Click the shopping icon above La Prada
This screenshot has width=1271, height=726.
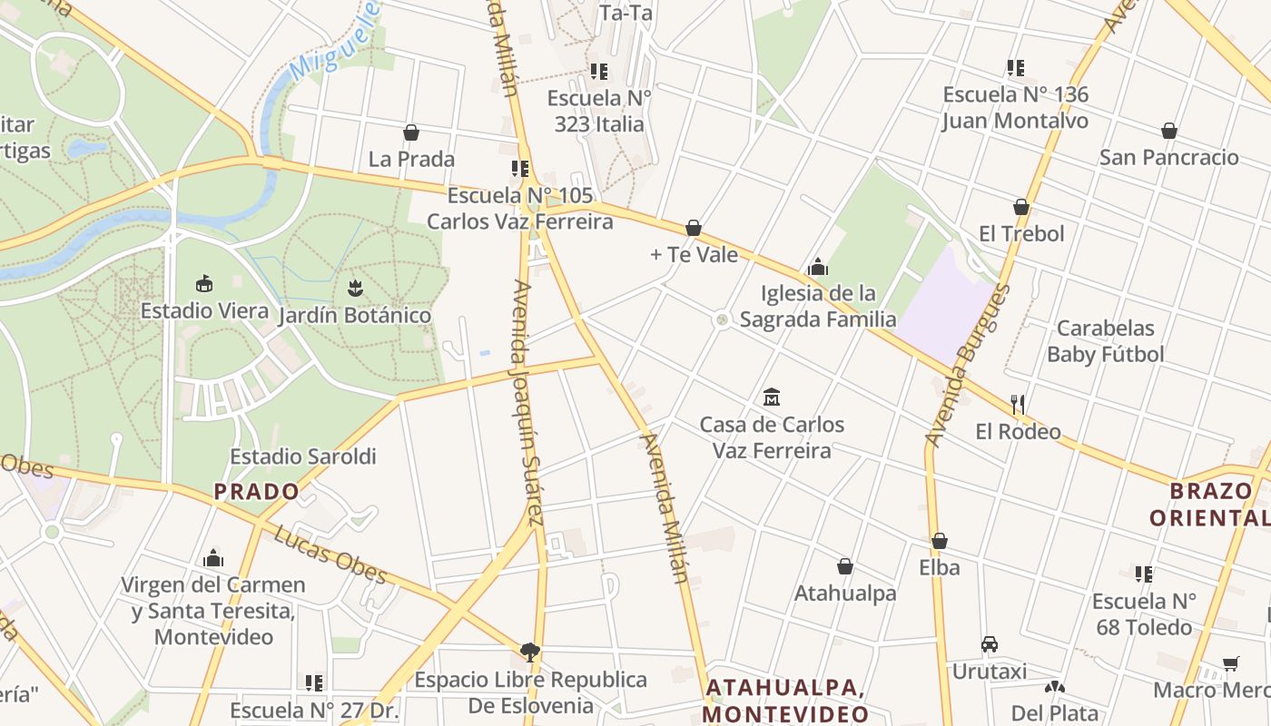click(411, 133)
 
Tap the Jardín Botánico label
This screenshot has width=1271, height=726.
click(354, 316)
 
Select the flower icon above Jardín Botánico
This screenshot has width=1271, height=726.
click(354, 289)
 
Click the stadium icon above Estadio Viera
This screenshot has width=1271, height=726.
click(204, 284)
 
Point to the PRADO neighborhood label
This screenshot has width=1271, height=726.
click(256, 492)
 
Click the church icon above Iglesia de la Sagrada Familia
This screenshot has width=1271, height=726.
click(817, 267)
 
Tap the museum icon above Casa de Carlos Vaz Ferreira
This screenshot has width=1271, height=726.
click(772, 397)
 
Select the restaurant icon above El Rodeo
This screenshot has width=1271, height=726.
click(1018, 405)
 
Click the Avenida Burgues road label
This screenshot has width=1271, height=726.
click(968, 366)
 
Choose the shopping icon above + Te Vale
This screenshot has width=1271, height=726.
click(694, 228)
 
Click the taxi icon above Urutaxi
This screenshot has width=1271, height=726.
click(990, 644)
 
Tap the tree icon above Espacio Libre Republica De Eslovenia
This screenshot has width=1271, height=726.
click(530, 652)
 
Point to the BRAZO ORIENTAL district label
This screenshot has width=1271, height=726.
click(1210, 505)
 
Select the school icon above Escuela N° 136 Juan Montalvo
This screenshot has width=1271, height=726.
click(1015, 68)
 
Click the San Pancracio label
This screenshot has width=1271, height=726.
click(1168, 158)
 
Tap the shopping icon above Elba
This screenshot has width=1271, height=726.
click(940, 542)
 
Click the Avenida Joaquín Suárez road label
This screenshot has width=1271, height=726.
click(528, 403)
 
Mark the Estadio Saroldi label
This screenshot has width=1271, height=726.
click(302, 456)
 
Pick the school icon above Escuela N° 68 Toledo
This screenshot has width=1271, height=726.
click(1144, 574)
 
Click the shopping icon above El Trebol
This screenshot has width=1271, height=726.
click(1021, 208)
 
